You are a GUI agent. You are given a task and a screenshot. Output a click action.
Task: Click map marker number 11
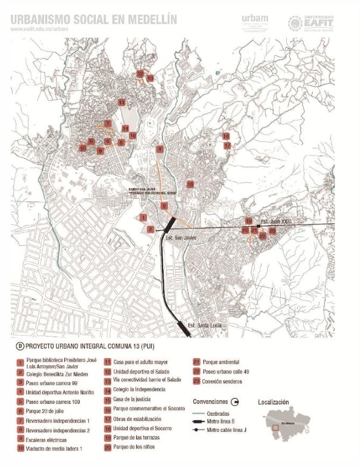click(121, 102)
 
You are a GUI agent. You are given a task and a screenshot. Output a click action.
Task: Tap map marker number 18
click(190, 184)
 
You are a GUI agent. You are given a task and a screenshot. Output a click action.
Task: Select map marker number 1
click(143, 217)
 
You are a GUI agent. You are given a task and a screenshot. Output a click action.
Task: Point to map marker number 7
click(108, 123)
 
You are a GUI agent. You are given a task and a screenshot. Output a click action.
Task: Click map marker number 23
click(272, 231)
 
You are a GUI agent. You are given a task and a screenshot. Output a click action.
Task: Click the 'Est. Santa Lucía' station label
click(204, 325)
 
